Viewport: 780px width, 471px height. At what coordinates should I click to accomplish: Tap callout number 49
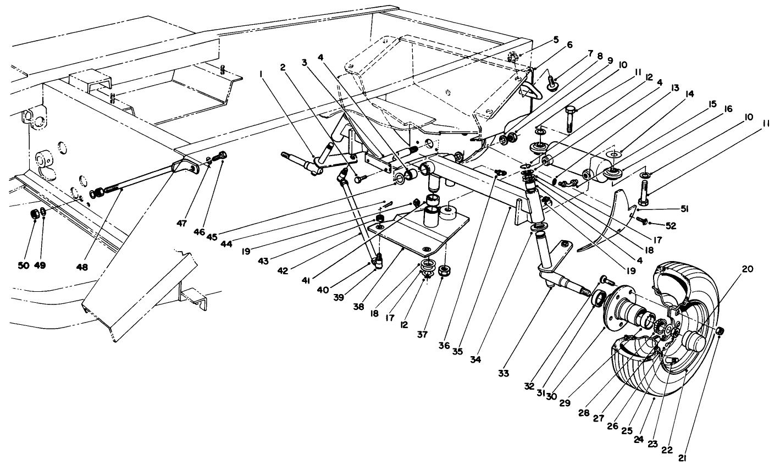point(40,265)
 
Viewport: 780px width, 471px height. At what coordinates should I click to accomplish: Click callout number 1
point(556,40)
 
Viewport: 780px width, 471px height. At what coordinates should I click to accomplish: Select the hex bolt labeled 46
point(222,155)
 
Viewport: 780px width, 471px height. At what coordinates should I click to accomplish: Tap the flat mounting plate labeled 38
point(418,231)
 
